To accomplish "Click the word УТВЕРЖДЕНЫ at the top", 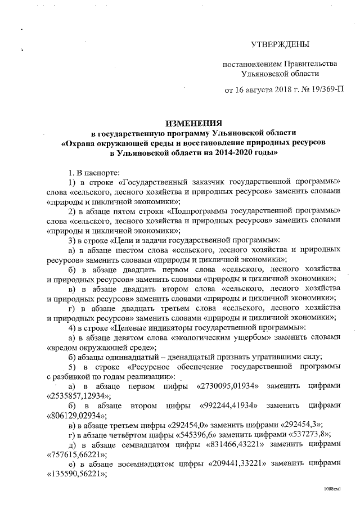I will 280,44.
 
